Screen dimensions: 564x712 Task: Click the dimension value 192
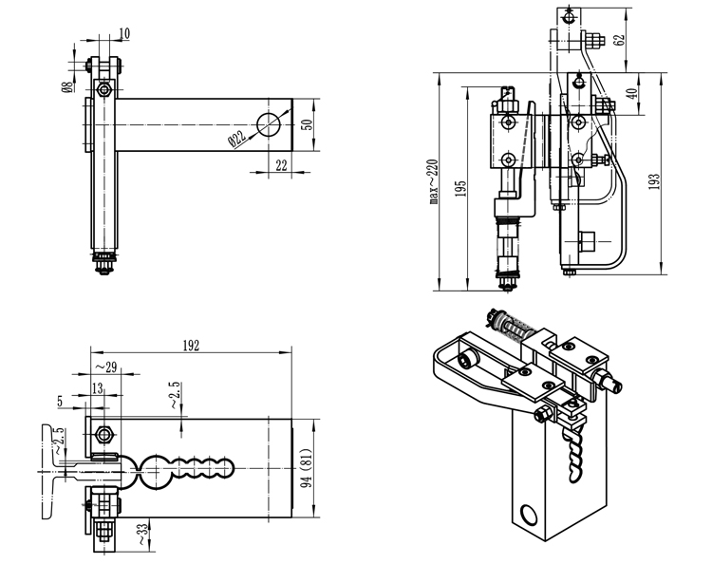click(x=193, y=347)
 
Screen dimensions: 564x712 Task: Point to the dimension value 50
click(x=308, y=123)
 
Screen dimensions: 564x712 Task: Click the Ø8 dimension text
click(x=67, y=86)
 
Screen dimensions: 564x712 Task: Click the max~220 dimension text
click(x=432, y=180)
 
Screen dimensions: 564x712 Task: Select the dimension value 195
click(x=460, y=188)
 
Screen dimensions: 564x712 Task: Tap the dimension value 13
click(x=99, y=386)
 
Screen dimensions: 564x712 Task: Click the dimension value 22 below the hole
click(x=281, y=164)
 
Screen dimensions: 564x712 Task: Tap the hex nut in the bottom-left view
click(x=103, y=434)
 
